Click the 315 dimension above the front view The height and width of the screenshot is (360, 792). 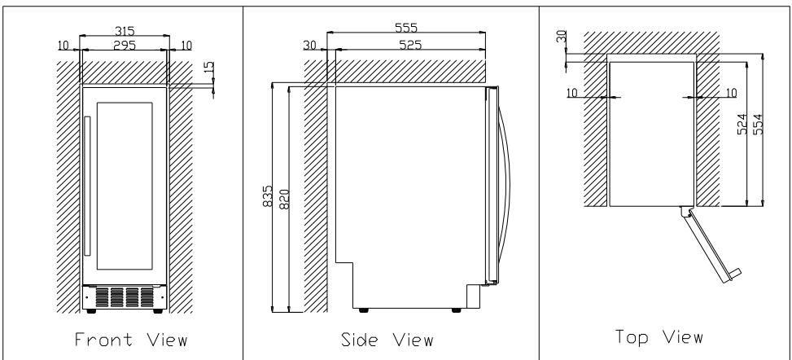[125, 32]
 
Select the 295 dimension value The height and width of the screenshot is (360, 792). [125, 45]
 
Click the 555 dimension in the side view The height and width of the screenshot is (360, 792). [406, 28]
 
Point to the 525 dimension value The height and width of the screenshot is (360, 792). [410, 45]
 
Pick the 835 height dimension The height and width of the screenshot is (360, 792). [268, 195]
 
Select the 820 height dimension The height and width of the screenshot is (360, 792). [284, 200]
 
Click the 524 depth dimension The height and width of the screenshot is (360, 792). [742, 124]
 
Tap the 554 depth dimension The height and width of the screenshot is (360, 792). [758, 124]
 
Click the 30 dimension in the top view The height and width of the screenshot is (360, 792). [561, 37]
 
